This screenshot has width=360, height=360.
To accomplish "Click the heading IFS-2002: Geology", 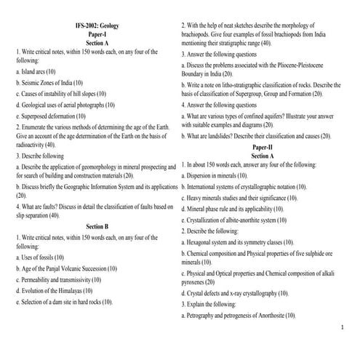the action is coord(97,26).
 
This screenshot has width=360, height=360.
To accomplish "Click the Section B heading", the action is coord(97,226).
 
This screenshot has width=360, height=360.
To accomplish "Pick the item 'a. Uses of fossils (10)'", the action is coord(39,258).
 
